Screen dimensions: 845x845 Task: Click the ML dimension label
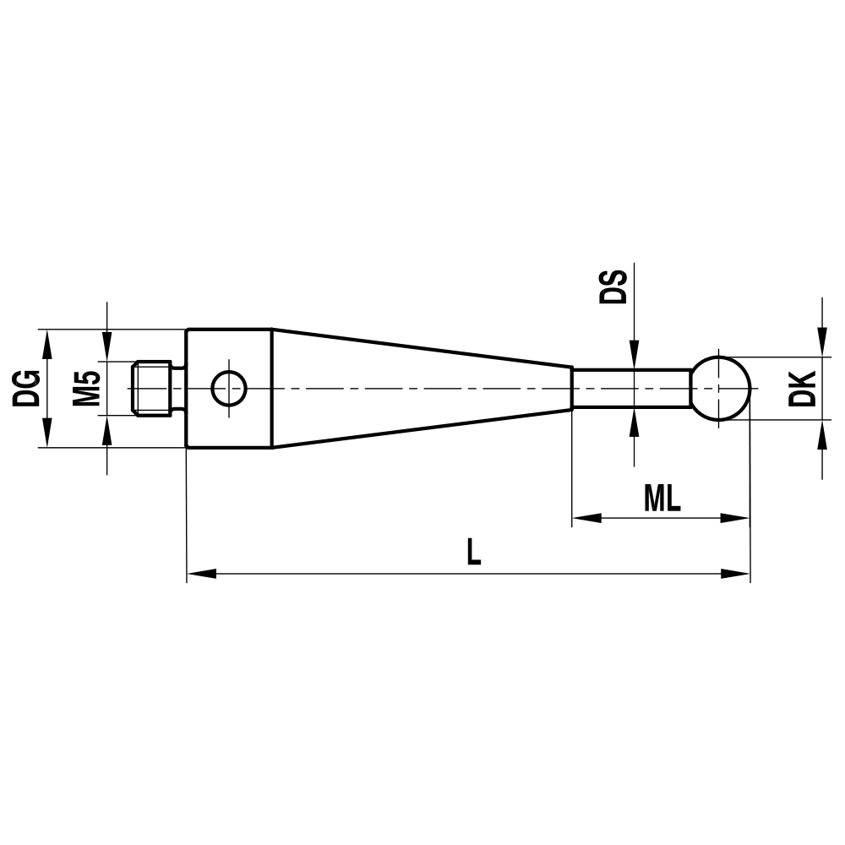[662, 499]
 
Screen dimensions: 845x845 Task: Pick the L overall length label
[474, 553]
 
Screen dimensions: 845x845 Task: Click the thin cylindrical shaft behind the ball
[632, 388]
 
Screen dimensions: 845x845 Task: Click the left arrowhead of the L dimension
[201, 574]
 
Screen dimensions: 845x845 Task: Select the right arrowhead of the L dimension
[735, 574]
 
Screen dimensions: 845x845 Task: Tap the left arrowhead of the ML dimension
[587, 517]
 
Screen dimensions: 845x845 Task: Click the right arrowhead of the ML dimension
[735, 517]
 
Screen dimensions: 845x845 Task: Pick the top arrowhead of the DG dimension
[46, 342]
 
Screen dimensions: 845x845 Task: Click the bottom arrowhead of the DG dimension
[46, 433]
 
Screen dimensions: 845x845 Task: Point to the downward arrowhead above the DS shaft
[633, 354]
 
